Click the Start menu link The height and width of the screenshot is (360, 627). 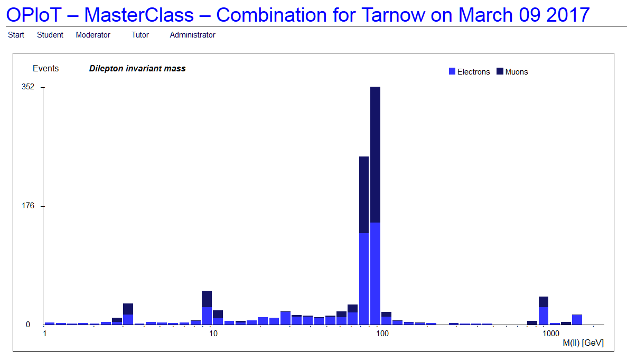(x=16, y=35)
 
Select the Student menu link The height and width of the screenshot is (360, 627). (x=50, y=35)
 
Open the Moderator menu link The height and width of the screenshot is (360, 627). (x=93, y=35)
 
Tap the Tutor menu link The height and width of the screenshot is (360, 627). (x=140, y=35)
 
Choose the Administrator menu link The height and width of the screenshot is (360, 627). (x=192, y=35)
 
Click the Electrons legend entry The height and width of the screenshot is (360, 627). (x=470, y=71)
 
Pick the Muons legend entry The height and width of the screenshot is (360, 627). (x=512, y=71)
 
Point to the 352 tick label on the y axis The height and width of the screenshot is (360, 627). (x=28, y=87)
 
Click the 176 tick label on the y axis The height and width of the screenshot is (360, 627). (x=28, y=206)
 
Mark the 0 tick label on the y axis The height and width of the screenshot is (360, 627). (x=28, y=325)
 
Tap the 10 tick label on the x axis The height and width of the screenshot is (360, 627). (x=213, y=334)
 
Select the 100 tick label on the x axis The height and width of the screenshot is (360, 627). (x=382, y=334)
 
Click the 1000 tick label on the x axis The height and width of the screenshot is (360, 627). (x=550, y=334)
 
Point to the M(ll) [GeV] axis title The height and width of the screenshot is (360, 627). (x=583, y=343)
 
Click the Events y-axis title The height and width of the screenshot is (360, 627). (x=45, y=68)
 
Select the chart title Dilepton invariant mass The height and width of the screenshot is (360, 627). (x=137, y=68)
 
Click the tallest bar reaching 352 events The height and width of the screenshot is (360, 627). (x=375, y=206)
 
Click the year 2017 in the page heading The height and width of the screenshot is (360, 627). (x=568, y=15)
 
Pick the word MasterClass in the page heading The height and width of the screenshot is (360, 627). (x=139, y=15)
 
